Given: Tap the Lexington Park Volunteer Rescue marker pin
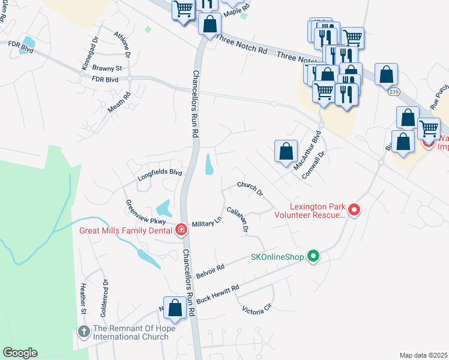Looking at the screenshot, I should pyautogui.click(x=354, y=210).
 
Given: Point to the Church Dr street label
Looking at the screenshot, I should pyautogui.click(x=250, y=189).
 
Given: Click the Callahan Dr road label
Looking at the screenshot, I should pyautogui.click(x=237, y=219).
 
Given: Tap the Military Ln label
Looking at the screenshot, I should pyautogui.click(x=206, y=224).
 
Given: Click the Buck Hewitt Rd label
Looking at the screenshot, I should pyautogui.click(x=218, y=293).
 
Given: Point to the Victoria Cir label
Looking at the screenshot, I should pyautogui.click(x=257, y=310).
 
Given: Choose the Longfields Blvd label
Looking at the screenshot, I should pyautogui.click(x=160, y=174).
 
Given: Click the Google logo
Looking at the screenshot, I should pyautogui.click(x=20, y=353).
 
